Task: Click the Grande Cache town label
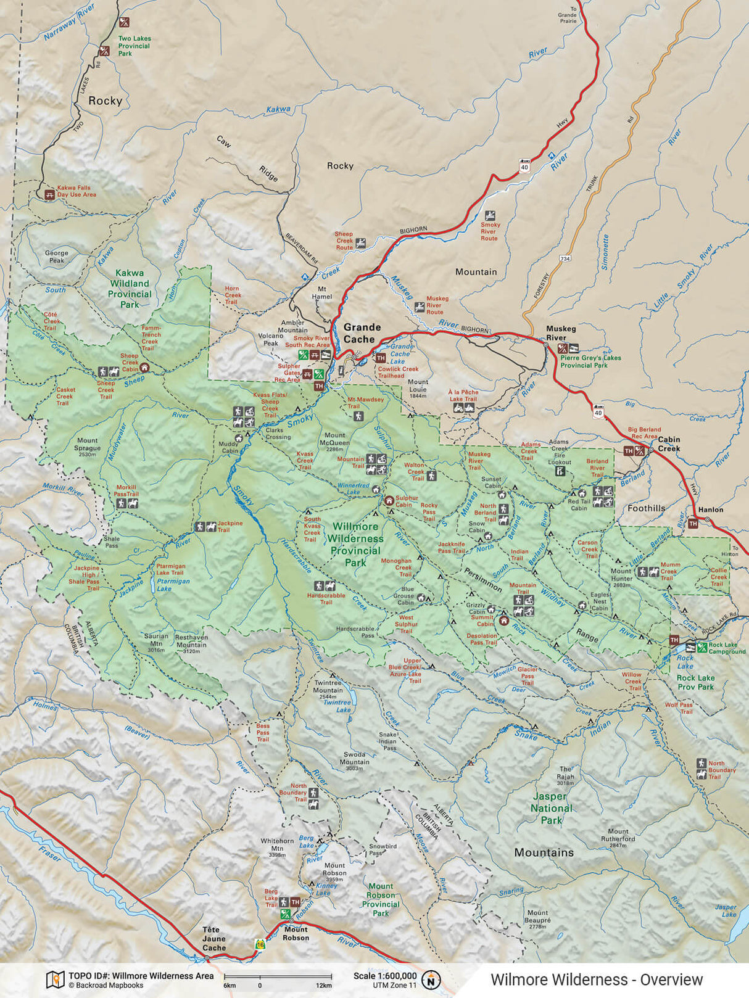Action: (362, 333)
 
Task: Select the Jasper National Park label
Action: (552, 808)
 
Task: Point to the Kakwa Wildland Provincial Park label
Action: (130, 289)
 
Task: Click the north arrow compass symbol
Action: (432, 979)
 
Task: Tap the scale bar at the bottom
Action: (278, 976)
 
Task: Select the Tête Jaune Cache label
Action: (214, 939)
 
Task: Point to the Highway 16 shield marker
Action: (260, 944)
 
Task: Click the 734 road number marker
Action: (565, 259)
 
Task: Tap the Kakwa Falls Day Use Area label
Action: (77, 191)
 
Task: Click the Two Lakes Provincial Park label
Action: (134, 46)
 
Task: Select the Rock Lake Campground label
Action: (726, 648)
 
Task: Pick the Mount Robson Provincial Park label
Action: (381, 899)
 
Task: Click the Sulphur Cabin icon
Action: (389, 501)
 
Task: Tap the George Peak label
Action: (56, 257)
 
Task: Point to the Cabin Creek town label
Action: (669, 443)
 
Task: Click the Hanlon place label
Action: (711, 509)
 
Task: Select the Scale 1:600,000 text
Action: (384, 976)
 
